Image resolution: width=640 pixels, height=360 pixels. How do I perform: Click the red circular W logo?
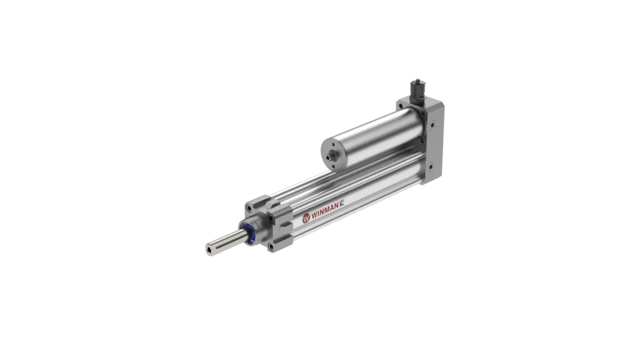[306, 218]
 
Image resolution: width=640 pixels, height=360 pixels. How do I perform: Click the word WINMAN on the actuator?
[325, 212]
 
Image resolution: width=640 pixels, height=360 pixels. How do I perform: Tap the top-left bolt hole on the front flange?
[249, 209]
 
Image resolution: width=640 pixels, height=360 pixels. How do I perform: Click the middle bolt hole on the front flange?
[271, 220]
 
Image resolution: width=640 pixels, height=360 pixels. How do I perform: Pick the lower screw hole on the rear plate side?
[430, 166]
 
